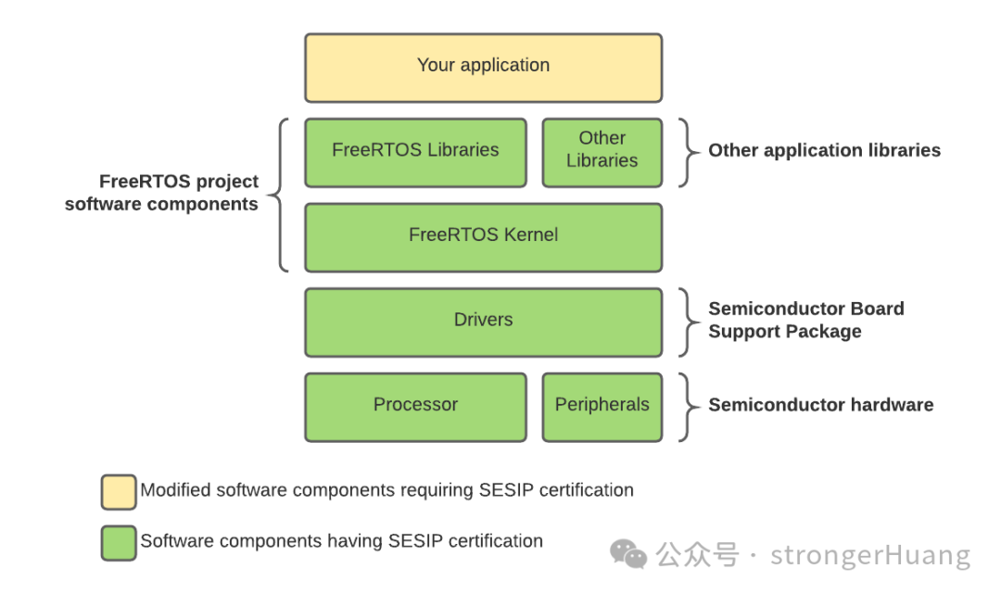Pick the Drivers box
click(x=483, y=322)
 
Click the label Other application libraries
click(x=824, y=150)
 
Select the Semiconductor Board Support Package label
click(x=805, y=320)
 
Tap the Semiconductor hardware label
click(x=820, y=405)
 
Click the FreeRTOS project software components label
click(x=161, y=193)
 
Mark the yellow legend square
click(x=119, y=492)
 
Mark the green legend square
click(x=119, y=543)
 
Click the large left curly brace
click(x=279, y=195)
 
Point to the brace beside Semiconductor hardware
click(x=687, y=407)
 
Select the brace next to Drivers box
click(x=687, y=322)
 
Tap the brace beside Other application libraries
click(x=687, y=152)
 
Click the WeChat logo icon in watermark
click(x=628, y=554)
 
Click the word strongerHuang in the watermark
click(x=870, y=556)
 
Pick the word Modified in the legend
click(x=175, y=490)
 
